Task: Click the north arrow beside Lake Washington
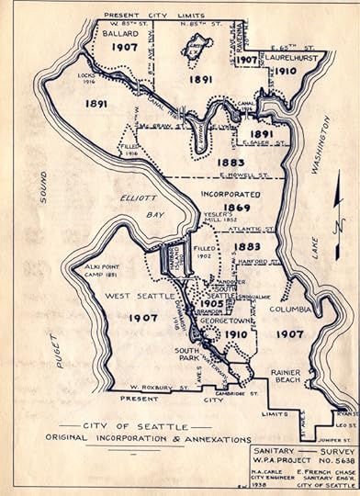pos(338,220)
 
